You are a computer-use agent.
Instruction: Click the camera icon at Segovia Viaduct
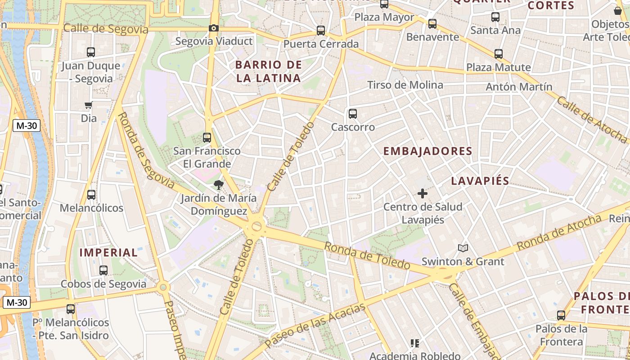pyautogui.click(x=214, y=28)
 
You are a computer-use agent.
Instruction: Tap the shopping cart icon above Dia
pyautogui.click(x=88, y=105)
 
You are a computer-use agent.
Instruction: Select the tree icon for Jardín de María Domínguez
pyautogui.click(x=218, y=184)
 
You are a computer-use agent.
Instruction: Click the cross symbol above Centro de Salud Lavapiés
pyautogui.click(x=422, y=193)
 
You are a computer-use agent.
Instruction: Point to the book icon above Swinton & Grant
pyautogui.click(x=463, y=248)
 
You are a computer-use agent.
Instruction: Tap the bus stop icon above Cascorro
pyautogui.click(x=353, y=114)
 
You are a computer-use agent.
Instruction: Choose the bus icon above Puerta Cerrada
pyautogui.click(x=321, y=31)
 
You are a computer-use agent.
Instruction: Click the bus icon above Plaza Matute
pyautogui.click(x=498, y=54)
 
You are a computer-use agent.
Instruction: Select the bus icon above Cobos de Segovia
pyautogui.click(x=103, y=270)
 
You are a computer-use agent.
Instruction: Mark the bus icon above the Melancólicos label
pyautogui.click(x=91, y=195)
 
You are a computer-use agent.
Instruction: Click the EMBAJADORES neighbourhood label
pyautogui.click(x=427, y=151)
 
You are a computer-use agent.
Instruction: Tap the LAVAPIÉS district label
pyautogui.click(x=480, y=181)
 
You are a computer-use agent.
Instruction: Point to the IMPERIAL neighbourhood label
pyautogui.click(x=108, y=252)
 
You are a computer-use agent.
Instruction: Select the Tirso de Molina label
pyautogui.click(x=405, y=85)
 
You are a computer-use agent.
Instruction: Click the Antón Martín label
pyautogui.click(x=519, y=86)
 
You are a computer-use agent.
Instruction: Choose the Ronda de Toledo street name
pyautogui.click(x=367, y=256)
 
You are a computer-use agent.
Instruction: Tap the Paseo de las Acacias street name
pyautogui.click(x=315, y=326)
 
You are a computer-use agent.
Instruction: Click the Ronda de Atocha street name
pyautogui.click(x=559, y=233)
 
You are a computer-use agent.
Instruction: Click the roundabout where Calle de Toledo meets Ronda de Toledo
pyautogui.click(x=256, y=226)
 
